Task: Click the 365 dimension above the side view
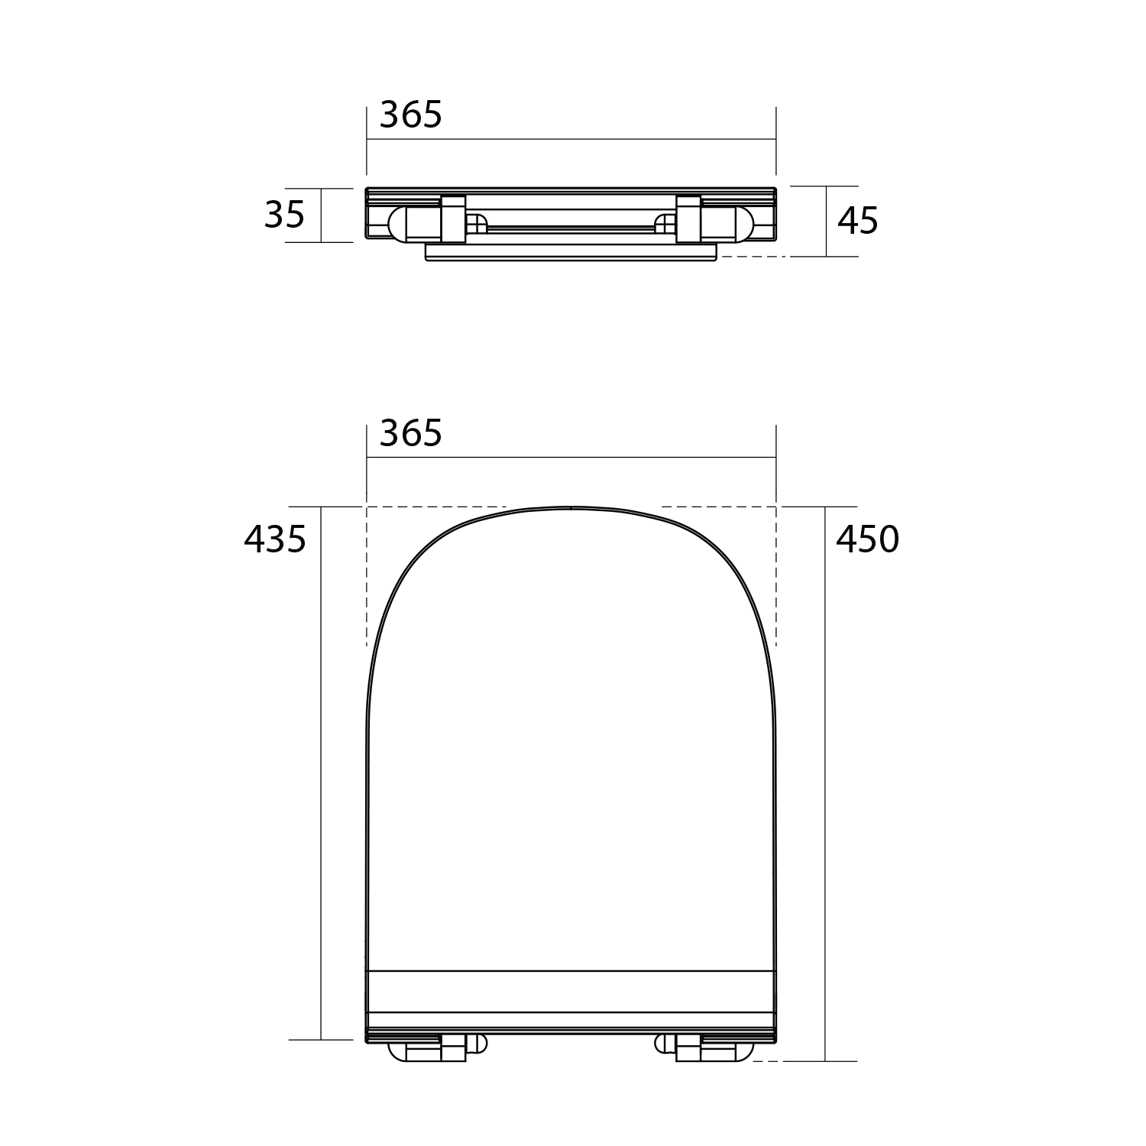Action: pyautogui.click(x=411, y=115)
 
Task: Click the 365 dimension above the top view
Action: pyautogui.click(x=411, y=434)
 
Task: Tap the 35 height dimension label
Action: pyautogui.click(x=284, y=215)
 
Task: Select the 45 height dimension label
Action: pyautogui.click(x=858, y=221)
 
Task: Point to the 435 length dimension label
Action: pyautogui.click(x=275, y=539)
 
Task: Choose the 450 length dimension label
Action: pyautogui.click(x=867, y=539)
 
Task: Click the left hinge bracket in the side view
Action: pyautogui.click(x=453, y=218)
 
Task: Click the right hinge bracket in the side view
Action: pyautogui.click(x=688, y=218)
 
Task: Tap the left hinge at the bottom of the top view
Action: pyautogui.click(x=438, y=1049)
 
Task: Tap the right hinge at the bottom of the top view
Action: pyautogui.click(x=704, y=1049)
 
